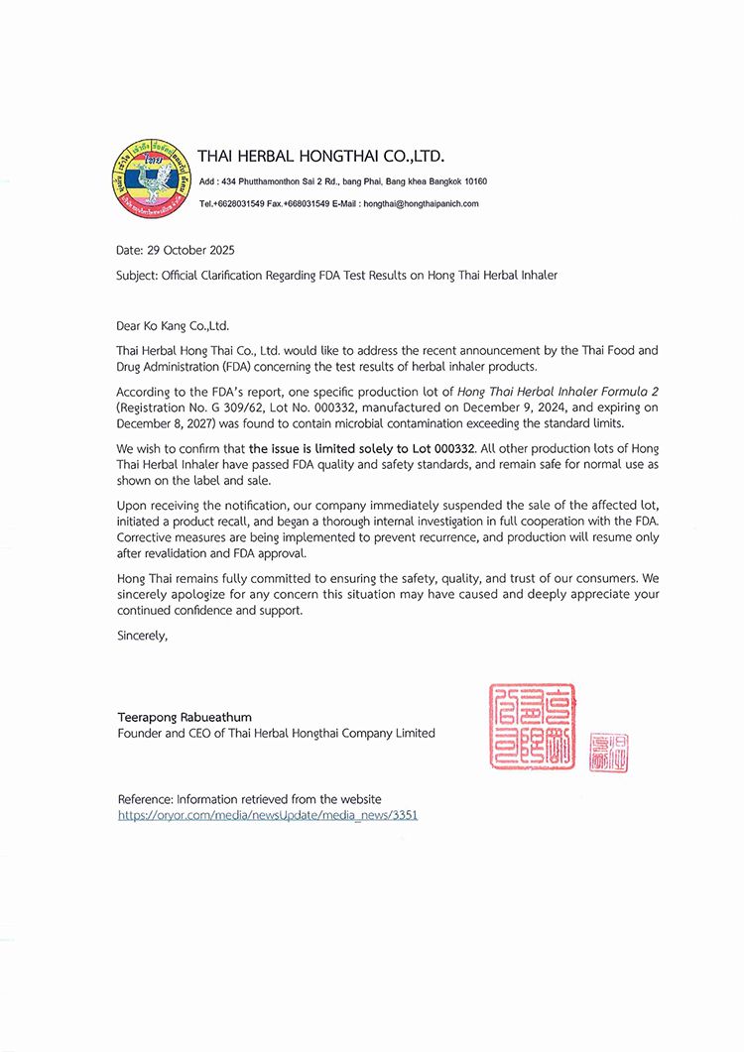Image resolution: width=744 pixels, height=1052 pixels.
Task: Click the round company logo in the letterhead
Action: pyautogui.click(x=152, y=178)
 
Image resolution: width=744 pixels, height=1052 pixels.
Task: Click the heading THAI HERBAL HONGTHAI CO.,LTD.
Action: pyautogui.click(x=320, y=157)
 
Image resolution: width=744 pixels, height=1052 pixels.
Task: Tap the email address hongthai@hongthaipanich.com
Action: pyautogui.click(x=421, y=203)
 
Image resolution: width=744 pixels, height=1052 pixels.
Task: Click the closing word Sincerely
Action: pyautogui.click(x=142, y=635)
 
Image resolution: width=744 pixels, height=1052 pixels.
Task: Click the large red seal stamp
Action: pyautogui.click(x=532, y=726)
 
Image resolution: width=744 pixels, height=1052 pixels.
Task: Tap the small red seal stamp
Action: pyautogui.click(x=609, y=753)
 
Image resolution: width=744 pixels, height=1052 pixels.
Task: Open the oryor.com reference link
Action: pyautogui.click(x=268, y=814)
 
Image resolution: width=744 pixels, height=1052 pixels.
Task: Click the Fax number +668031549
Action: pyautogui.click(x=308, y=203)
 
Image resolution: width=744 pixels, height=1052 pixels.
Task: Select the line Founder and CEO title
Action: pyautogui.click(x=276, y=733)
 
